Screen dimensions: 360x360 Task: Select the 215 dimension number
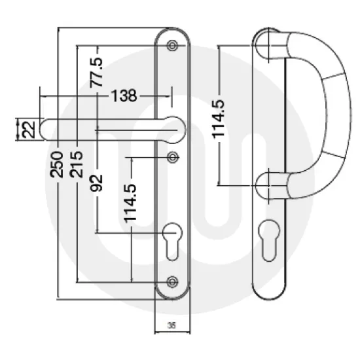[x=77, y=164]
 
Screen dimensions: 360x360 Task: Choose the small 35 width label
[x=171, y=325]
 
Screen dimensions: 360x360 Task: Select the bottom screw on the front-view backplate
[x=173, y=280]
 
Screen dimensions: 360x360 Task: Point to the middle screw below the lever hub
[x=173, y=156]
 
